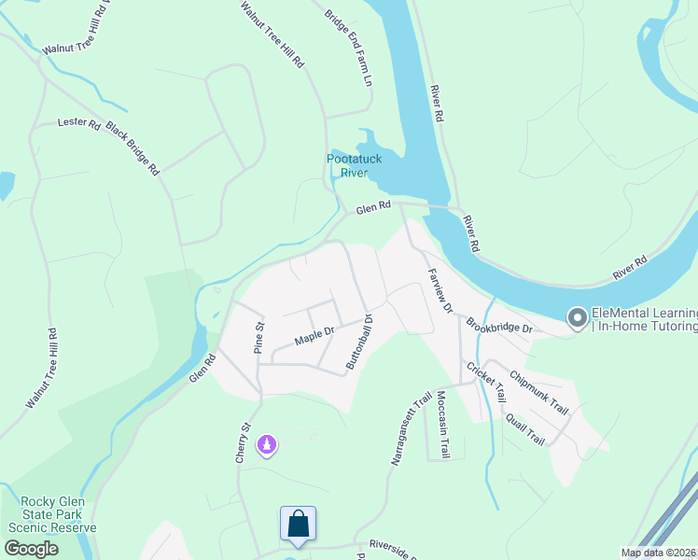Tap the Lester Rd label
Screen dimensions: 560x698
[x=78, y=122]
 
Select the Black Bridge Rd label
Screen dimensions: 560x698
[x=133, y=148]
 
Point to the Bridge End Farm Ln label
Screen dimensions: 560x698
[x=348, y=49]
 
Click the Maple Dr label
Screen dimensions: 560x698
[x=314, y=335]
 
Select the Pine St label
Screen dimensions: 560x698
[x=260, y=338]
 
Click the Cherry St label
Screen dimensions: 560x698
[x=244, y=442]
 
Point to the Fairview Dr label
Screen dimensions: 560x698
[x=440, y=290]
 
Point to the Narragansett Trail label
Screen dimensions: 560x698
[x=409, y=428]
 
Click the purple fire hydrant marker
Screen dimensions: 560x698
[x=267, y=446]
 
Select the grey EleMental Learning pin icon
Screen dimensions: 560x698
[x=579, y=318]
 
